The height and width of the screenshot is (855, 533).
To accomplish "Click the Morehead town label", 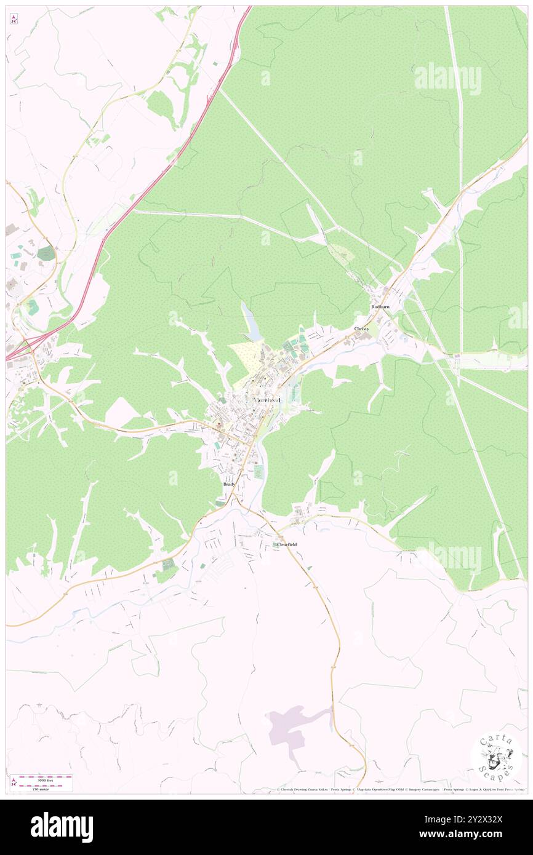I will coord(268,400).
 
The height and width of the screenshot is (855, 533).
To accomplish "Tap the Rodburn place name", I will coord(380,306).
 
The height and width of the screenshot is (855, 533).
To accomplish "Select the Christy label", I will coord(362,329).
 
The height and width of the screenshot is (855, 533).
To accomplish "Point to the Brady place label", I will coord(229,485).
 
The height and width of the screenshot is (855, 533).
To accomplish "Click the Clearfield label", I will coord(287,545).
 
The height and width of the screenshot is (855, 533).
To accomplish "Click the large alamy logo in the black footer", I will coord(62,827).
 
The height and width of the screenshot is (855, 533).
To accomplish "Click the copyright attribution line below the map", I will coord(400,790).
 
